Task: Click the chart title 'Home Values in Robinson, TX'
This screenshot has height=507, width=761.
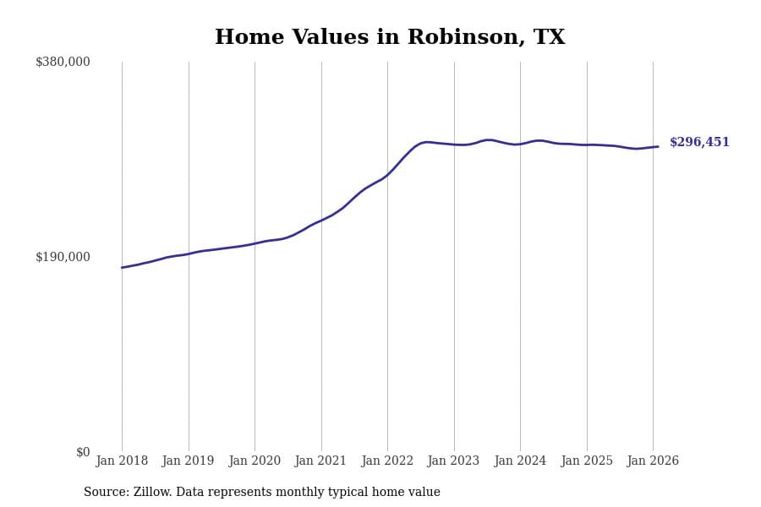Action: (x=390, y=38)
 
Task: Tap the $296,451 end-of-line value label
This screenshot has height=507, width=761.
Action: (x=699, y=143)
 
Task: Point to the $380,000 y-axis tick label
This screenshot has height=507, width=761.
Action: (x=63, y=62)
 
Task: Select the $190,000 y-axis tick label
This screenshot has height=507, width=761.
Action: (x=63, y=257)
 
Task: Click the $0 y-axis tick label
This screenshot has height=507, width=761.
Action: (x=83, y=452)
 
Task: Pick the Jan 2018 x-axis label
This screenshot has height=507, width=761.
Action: (x=122, y=461)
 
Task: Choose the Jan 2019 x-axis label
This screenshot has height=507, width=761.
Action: (x=189, y=461)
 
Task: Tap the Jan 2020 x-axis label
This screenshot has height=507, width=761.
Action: (x=255, y=461)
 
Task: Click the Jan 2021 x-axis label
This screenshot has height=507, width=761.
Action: (x=321, y=461)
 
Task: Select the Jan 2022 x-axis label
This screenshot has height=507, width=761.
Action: (x=387, y=461)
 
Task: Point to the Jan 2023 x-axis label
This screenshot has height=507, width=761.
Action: (x=454, y=461)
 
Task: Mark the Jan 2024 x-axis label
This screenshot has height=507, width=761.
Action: (x=520, y=461)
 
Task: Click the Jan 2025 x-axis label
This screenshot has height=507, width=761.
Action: (x=587, y=461)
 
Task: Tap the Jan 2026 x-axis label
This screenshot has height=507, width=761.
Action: (x=653, y=461)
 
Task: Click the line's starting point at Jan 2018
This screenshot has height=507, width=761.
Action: (x=122, y=268)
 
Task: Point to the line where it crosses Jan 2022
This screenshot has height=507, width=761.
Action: (x=387, y=175)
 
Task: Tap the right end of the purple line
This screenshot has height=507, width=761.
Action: (x=658, y=147)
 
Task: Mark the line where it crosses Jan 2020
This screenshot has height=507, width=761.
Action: (x=255, y=243)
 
